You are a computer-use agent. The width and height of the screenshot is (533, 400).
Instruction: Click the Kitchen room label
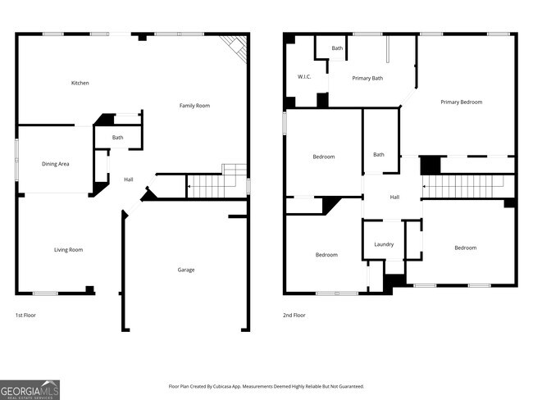[80, 83]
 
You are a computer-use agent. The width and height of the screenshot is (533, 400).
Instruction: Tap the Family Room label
[195, 106]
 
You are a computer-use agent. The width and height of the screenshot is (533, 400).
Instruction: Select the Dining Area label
[56, 164]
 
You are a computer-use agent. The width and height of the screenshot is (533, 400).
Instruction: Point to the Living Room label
[68, 250]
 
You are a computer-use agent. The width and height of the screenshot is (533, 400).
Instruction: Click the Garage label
[186, 270]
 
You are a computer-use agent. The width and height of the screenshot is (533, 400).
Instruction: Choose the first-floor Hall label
[128, 180]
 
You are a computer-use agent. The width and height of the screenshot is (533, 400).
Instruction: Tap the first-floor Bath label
[118, 138]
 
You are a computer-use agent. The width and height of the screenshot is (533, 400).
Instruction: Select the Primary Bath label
[367, 79]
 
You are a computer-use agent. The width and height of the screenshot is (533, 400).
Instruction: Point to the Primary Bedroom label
[461, 102]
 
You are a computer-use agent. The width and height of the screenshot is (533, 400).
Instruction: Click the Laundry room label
[384, 244]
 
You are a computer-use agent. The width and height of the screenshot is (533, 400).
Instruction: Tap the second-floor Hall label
[394, 198]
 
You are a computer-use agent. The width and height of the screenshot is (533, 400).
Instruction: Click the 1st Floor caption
[25, 315]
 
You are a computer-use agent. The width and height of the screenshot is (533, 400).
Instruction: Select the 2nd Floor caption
[294, 315]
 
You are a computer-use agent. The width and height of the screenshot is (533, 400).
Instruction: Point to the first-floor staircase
[205, 186]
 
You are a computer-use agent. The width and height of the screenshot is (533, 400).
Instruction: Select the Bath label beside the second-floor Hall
[379, 154]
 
